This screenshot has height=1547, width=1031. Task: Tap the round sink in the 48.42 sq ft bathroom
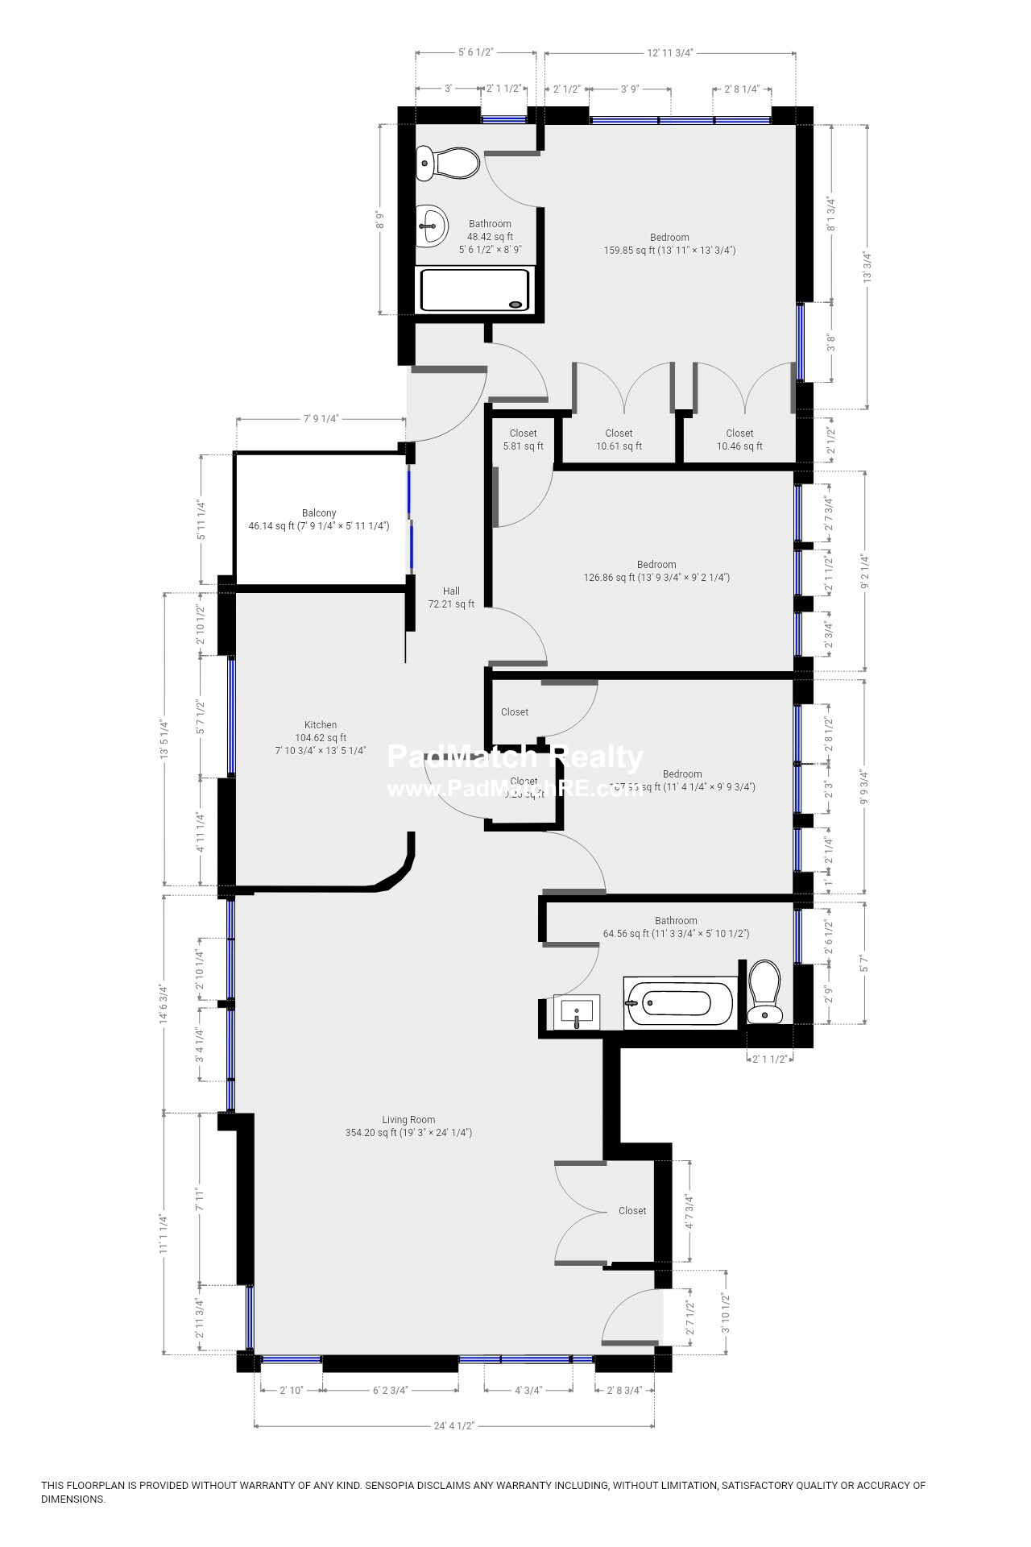click(432, 226)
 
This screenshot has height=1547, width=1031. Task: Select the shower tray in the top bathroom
click(474, 289)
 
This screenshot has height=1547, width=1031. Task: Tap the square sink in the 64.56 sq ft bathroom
click(577, 1012)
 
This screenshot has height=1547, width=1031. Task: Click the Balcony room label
click(319, 513)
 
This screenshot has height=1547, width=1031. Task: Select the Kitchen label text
click(321, 725)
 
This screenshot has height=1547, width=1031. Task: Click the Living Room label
click(408, 1120)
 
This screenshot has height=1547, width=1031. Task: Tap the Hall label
click(451, 591)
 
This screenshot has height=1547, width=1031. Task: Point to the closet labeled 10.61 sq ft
click(619, 440)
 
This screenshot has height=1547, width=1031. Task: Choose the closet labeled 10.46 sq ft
click(739, 440)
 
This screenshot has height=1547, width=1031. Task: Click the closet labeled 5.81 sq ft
click(524, 440)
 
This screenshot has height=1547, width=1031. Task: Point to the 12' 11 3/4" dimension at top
click(670, 52)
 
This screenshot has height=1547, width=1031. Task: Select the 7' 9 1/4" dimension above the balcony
click(321, 419)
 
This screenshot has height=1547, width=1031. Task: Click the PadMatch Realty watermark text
click(515, 757)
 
